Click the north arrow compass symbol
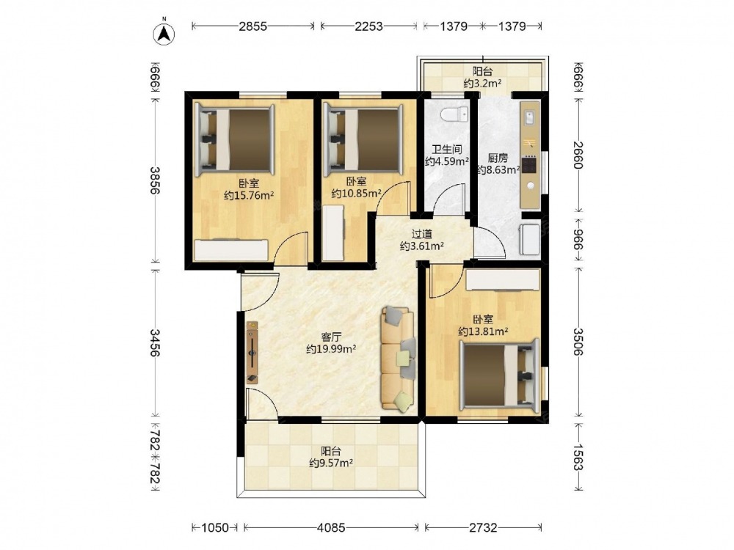pyautogui.click(x=164, y=33)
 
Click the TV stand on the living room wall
pyautogui.click(x=252, y=352)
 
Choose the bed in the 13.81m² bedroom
pyautogui.click(x=499, y=375)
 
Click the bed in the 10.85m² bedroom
pyautogui.click(x=364, y=139)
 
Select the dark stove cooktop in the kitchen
pyautogui.click(x=529, y=165)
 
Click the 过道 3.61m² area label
pyautogui.click(x=422, y=240)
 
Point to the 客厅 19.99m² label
pyautogui.click(x=331, y=342)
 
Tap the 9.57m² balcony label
pyautogui.click(x=331, y=457)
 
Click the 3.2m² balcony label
pyautogui.click(x=483, y=78)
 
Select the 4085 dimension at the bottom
pyautogui.click(x=331, y=528)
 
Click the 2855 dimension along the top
pyautogui.click(x=252, y=26)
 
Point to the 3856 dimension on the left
pyautogui.click(x=155, y=180)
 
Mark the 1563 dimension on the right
pyautogui.click(x=578, y=456)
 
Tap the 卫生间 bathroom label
pyautogui.click(x=446, y=150)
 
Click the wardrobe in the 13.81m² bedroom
pyautogui.click(x=504, y=281)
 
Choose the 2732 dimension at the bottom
pyautogui.click(x=483, y=528)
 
